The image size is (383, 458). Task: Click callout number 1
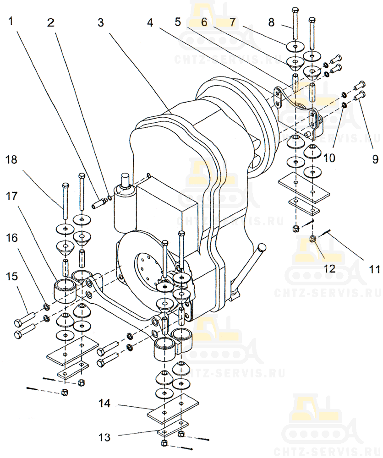point(11,21)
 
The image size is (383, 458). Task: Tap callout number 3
point(101,22)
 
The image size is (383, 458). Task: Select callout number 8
point(271,22)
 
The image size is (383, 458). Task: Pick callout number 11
point(375,269)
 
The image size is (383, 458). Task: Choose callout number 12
point(329,268)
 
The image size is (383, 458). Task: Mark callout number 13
point(104,437)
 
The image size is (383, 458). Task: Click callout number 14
point(104,403)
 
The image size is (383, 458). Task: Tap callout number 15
point(12,276)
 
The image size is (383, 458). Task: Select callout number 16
point(12,238)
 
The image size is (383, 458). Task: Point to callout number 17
point(12,196)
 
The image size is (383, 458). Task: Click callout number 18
point(12,159)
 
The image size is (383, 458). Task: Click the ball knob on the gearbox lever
point(262,247)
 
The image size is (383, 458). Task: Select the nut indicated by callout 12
point(312,240)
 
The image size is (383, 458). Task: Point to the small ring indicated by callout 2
point(109,198)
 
